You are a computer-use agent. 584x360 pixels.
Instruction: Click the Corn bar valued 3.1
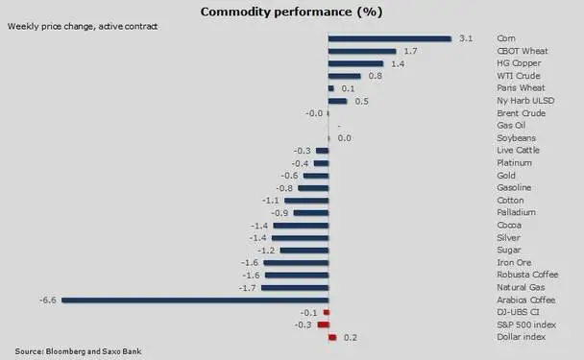tap(390, 38)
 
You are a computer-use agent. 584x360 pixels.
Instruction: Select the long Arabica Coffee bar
tap(195, 300)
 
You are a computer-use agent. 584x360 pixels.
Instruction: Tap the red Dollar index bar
tap(332, 337)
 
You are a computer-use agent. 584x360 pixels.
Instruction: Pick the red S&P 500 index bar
tap(324, 325)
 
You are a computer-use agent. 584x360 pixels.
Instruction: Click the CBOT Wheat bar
tap(362, 52)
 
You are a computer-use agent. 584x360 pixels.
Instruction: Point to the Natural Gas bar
tap(295, 288)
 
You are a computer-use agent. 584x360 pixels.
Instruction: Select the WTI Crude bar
tap(345, 76)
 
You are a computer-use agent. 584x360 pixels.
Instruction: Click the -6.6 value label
tap(48, 300)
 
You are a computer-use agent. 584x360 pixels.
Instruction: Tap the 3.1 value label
tap(466, 38)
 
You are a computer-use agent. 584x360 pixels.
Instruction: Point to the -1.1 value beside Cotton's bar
tap(271, 201)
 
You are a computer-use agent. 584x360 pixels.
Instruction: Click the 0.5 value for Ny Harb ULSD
tap(362, 101)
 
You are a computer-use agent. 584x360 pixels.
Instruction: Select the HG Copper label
tap(519, 63)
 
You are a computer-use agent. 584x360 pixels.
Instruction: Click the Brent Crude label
tap(521, 113)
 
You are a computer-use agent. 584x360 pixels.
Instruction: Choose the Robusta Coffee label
tap(527, 275)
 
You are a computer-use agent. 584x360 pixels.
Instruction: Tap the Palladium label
tap(516, 212)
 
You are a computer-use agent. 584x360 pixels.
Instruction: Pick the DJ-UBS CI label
tap(518, 312)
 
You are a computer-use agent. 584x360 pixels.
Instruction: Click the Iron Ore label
tap(514, 262)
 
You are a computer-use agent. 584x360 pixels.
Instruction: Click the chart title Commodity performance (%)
tap(292, 12)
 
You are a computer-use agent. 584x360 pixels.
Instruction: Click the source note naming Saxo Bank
tap(78, 351)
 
